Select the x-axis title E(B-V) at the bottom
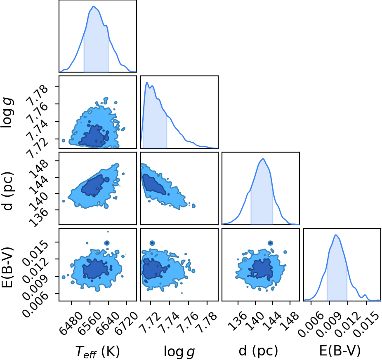point(340,351)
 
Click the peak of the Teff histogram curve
point(94,6)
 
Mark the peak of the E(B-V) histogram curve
point(336,235)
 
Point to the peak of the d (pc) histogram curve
point(263,159)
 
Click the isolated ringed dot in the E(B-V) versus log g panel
point(152,243)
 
